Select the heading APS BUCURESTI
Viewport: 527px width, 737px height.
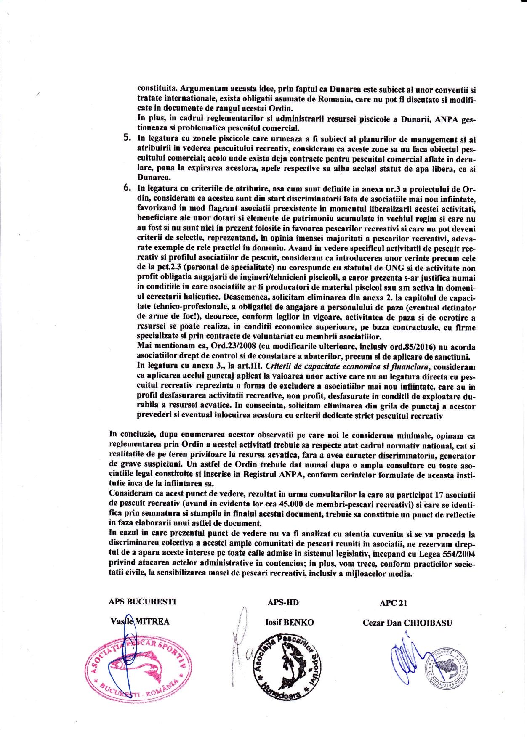[x=142, y=602]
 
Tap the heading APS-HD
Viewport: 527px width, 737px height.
[x=283, y=602]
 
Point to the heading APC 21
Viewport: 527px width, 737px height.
[x=393, y=603]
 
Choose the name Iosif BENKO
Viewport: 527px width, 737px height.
[x=290, y=622]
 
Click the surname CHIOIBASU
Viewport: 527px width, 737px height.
[x=428, y=623]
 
